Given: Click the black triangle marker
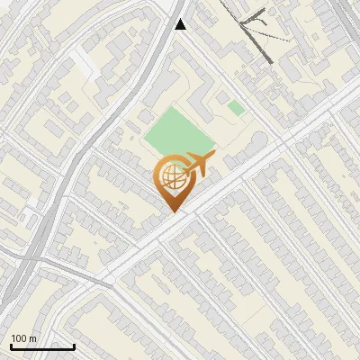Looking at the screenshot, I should click(180, 24).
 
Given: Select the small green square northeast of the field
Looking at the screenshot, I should click(236, 108).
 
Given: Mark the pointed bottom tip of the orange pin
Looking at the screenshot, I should click(171, 212).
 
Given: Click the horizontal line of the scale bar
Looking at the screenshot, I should click(41, 346).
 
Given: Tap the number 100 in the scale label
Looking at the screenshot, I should click(18, 338).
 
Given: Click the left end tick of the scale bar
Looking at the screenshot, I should click(10, 344).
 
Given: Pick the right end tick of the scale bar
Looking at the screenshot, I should click(74, 344).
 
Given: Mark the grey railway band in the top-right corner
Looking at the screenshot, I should click(346, 18).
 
